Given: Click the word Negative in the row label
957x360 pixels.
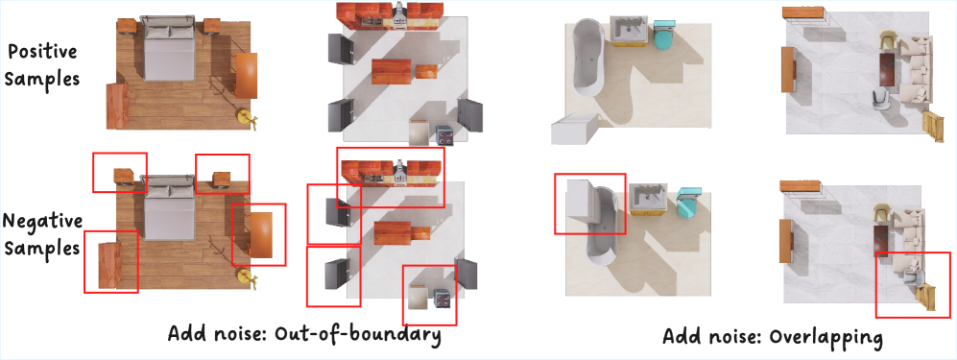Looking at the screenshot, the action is tap(43, 222).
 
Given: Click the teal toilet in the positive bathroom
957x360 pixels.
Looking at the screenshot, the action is tap(663, 36).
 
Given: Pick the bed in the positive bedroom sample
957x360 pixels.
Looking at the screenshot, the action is tap(168, 49).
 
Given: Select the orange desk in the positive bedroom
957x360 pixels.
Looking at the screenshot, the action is tap(246, 75).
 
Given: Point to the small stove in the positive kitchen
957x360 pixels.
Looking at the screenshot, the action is tap(444, 134).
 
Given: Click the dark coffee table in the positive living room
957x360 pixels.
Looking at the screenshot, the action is tap(889, 69).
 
